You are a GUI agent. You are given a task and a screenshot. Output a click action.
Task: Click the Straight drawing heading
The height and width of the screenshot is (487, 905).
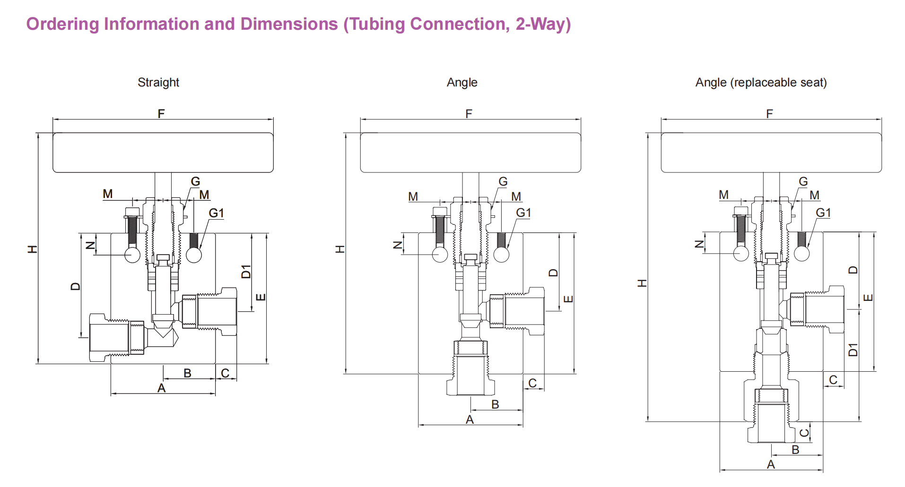pos(158,83)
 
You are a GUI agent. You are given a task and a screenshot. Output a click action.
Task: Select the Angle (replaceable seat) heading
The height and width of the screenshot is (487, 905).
pos(761,83)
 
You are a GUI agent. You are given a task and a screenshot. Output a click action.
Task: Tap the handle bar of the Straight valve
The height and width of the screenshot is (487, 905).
pos(163,153)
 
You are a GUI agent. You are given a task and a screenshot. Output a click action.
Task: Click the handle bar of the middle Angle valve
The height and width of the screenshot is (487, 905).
pos(470,153)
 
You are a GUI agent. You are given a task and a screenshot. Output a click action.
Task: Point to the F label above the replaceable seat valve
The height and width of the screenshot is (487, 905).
pos(769,114)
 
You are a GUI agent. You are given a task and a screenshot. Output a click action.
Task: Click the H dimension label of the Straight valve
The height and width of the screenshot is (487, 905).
pos(32,249)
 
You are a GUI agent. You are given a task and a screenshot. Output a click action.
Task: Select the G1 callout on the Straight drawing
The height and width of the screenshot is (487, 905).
pos(216,213)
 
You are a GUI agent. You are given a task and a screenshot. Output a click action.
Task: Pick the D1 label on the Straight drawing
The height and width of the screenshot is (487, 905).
pos(245,272)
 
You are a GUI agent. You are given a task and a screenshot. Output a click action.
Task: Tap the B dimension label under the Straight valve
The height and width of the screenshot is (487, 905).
pos(187,373)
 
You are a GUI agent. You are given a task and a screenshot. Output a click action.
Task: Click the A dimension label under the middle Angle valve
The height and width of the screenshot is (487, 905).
pos(470,419)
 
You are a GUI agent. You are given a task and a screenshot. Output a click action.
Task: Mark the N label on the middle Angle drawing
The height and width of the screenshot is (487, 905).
pos(398,245)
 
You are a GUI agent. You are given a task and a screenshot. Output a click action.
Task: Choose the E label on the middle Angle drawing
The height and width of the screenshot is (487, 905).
pos(568,299)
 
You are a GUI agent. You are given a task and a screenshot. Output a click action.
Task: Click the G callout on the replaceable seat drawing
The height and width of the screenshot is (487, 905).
pos(803,181)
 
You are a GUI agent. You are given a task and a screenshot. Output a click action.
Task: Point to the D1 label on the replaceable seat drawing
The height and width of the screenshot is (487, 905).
pos(853,350)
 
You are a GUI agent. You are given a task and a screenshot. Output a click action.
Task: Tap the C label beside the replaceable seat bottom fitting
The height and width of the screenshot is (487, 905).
pos(804,433)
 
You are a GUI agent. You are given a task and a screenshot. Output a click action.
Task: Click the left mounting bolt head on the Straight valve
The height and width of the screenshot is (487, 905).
pos(133,211)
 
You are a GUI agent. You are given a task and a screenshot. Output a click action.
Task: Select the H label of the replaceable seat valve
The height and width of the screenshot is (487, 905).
pos(642,283)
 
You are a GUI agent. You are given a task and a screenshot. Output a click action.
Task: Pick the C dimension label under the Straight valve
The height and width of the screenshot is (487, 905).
pos(225,373)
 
